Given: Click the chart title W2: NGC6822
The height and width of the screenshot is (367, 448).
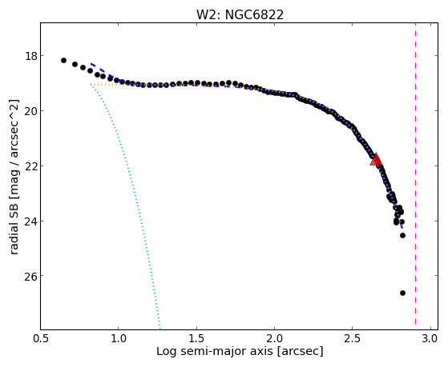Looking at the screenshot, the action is point(240,14).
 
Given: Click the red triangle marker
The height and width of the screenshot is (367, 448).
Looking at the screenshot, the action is point(376,160).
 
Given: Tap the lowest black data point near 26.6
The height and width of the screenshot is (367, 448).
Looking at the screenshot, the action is point(402,293).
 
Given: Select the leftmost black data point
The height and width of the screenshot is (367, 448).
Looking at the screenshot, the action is point(64,61).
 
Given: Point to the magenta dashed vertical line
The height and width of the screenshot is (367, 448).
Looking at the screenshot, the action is point(415,174).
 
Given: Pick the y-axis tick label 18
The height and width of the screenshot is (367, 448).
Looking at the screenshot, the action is point(30,56).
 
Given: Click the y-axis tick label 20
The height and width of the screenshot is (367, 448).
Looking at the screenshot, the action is point(30,111).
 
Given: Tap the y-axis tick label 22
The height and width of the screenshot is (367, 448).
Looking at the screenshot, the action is point(30,166).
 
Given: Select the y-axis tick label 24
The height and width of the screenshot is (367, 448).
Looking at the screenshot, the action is point(30,221).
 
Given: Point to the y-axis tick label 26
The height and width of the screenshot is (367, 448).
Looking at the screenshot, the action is point(30,276).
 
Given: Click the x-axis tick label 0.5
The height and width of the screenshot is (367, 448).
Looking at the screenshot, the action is point(41,339).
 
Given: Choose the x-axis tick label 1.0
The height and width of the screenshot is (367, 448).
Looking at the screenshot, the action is point(119,339).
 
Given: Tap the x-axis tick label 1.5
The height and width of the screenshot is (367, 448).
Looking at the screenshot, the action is point(196,339).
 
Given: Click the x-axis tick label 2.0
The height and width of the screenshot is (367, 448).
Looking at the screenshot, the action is point(274,339).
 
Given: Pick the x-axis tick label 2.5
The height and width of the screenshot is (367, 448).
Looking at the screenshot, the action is point(353,339).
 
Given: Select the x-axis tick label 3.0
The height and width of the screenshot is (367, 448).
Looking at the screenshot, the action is point(430,339).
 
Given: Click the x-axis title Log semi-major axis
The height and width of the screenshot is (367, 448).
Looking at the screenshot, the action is point(214,352).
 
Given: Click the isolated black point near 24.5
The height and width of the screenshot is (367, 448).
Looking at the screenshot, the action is point(402,236).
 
